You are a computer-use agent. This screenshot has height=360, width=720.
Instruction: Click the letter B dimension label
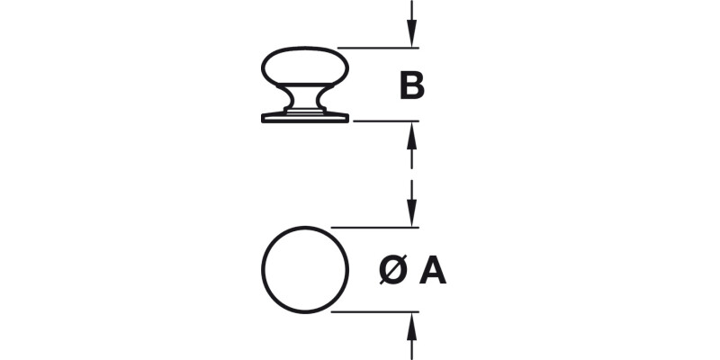[411, 87]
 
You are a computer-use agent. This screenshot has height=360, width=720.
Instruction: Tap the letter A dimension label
[433, 270]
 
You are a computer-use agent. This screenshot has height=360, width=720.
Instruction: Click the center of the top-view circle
[304, 270]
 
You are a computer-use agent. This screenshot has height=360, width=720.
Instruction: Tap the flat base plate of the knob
[304, 118]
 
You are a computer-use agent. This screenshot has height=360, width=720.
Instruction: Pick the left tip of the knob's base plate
[262, 118]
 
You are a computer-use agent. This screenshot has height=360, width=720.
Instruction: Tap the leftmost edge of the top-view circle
[262, 270]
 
